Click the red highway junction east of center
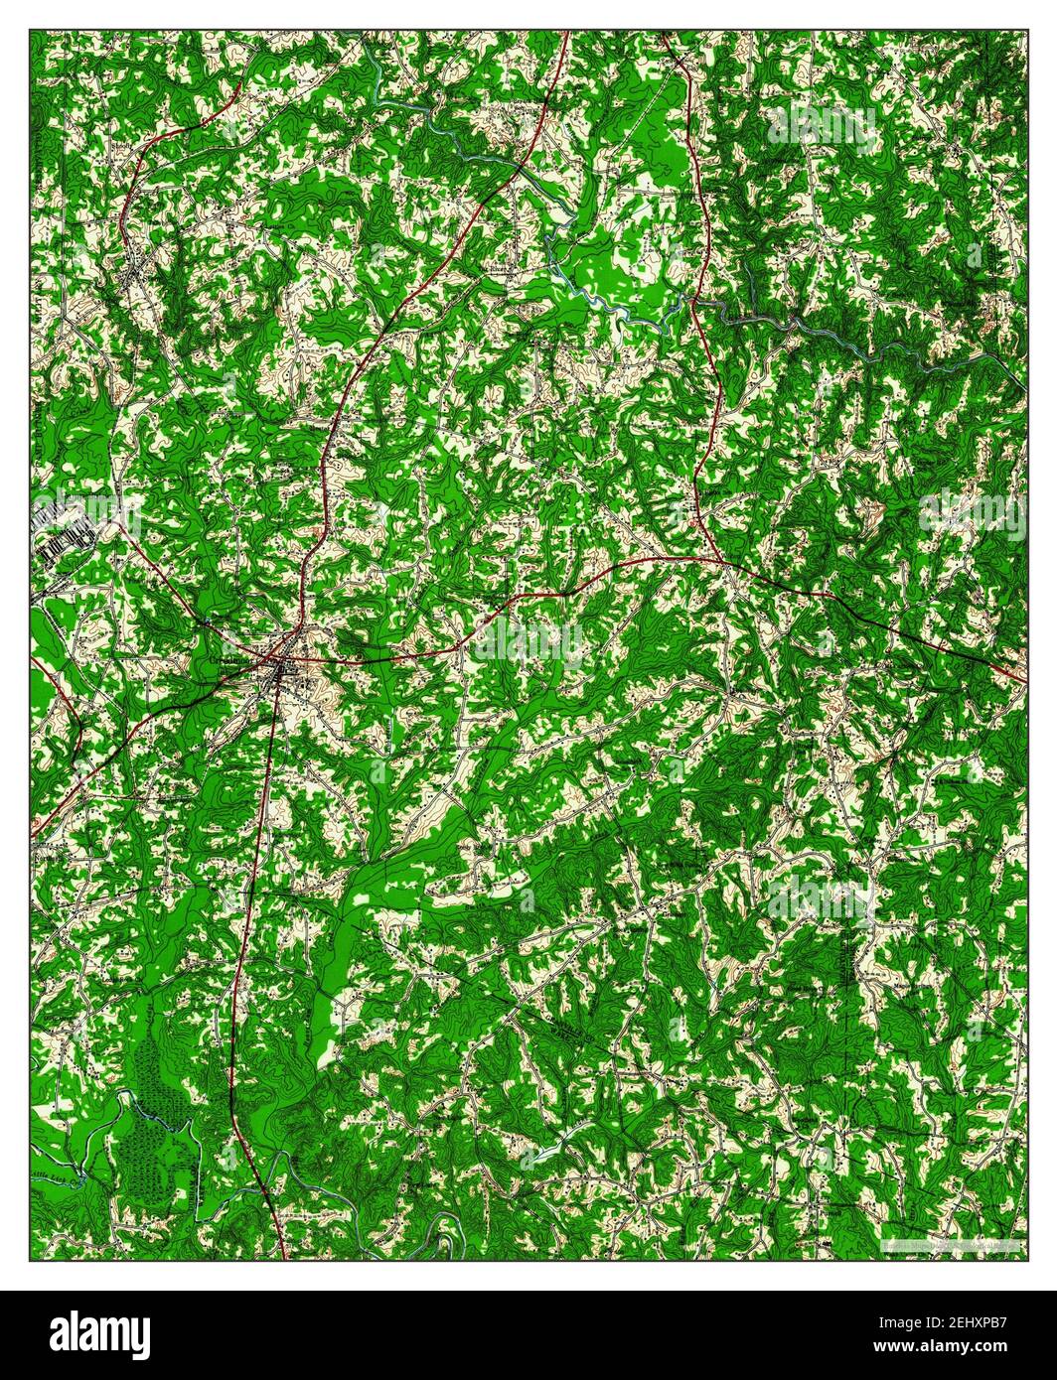[x=723, y=562]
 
